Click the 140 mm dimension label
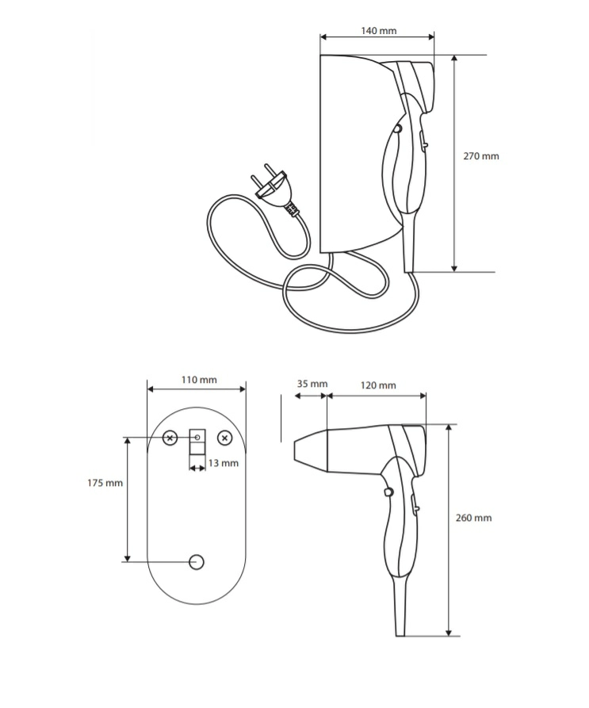point(379,31)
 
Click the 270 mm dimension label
point(481,156)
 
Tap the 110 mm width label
point(199,380)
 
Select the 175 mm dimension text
point(105,483)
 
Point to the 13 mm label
point(224,463)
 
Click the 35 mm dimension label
point(312,384)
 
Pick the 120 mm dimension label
point(378,385)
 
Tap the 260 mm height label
point(473,518)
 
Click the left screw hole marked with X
point(170,438)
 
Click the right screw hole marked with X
point(225,438)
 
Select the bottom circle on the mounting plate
point(197,562)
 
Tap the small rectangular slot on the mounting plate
point(197,442)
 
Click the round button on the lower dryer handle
point(388,492)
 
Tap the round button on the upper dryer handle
point(397,128)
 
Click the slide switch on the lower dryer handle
point(415,503)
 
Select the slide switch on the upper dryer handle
point(424,140)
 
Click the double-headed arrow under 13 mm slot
point(197,469)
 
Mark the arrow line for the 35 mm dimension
point(311,396)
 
